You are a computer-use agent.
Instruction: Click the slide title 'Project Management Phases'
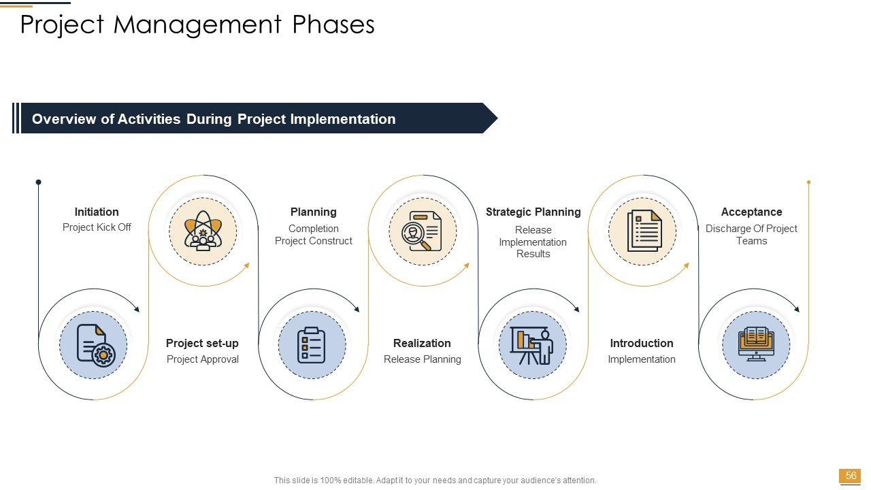[197, 24]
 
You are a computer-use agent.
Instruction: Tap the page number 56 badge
[851, 476]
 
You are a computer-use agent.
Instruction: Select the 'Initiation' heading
[97, 212]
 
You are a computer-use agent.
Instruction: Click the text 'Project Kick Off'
[97, 227]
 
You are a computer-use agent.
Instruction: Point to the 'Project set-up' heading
[202, 344]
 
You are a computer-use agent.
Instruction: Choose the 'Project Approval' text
[203, 359]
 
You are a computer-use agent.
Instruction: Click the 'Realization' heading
[422, 344]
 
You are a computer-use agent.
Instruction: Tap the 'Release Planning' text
[423, 359]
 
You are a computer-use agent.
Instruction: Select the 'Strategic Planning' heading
[533, 212]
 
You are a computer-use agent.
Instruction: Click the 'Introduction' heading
[642, 344]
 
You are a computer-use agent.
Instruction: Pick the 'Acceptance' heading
[752, 212]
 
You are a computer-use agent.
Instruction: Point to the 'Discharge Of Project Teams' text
[751, 235]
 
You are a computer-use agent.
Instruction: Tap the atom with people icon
[203, 231]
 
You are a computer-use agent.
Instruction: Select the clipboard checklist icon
[311, 345]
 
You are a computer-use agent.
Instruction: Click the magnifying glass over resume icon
[422, 231]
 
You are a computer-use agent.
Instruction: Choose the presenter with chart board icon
[532, 345]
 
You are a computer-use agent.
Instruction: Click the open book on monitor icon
[756, 344]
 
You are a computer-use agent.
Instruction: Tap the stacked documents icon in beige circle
[644, 231]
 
